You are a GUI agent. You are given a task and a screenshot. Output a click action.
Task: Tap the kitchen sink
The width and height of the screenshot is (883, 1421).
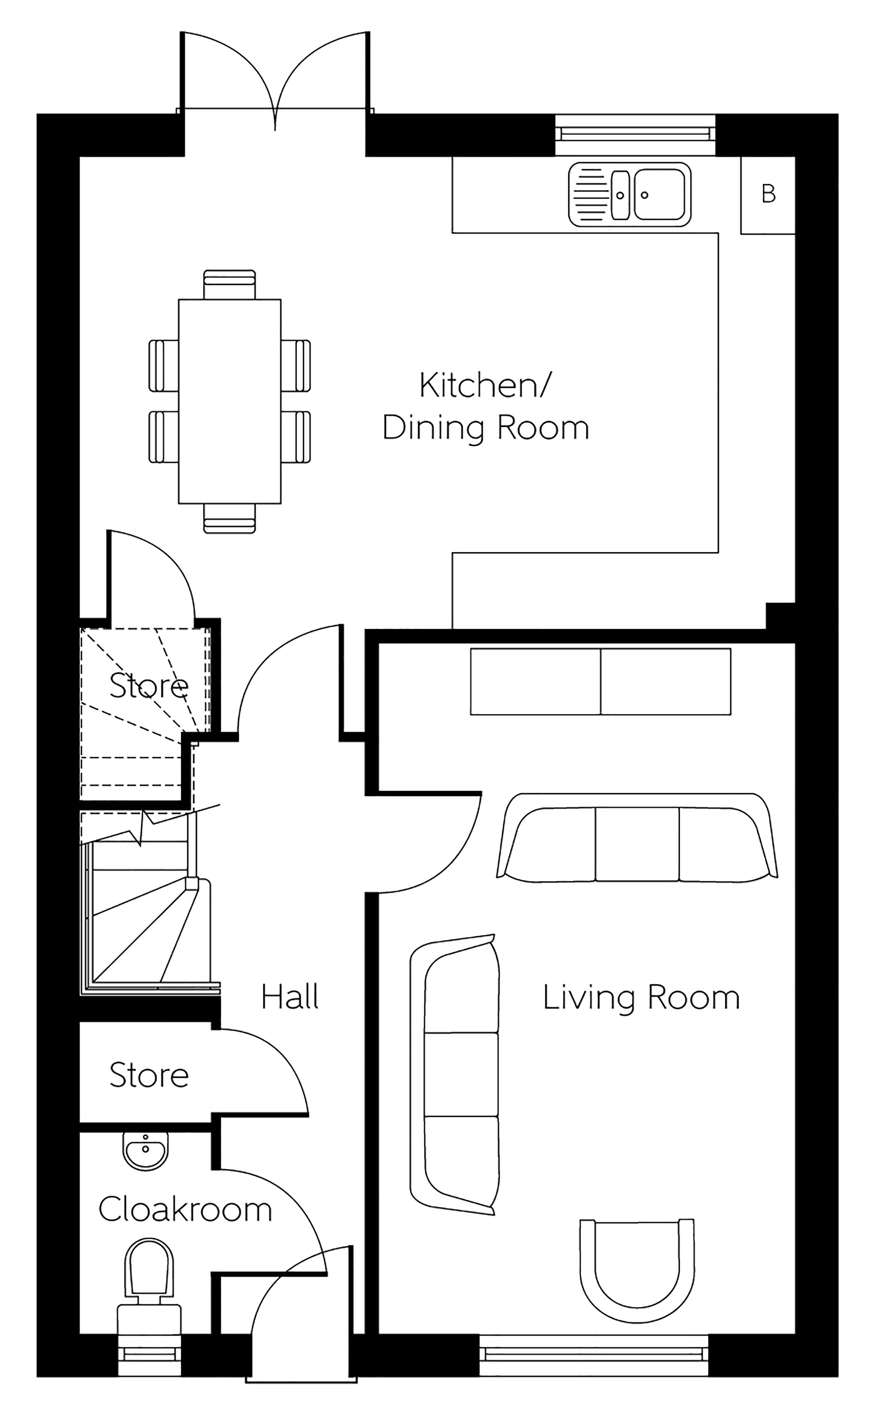tap(629, 195)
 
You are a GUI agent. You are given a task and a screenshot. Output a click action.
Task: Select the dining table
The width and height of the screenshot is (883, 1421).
tap(229, 402)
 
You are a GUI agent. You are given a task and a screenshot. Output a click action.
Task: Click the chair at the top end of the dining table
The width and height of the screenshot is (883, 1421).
tap(229, 285)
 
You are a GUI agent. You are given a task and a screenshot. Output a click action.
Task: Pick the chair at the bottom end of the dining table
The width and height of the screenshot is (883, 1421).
tap(229, 518)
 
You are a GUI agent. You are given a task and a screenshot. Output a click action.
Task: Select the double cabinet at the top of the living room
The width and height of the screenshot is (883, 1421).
tap(601, 681)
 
